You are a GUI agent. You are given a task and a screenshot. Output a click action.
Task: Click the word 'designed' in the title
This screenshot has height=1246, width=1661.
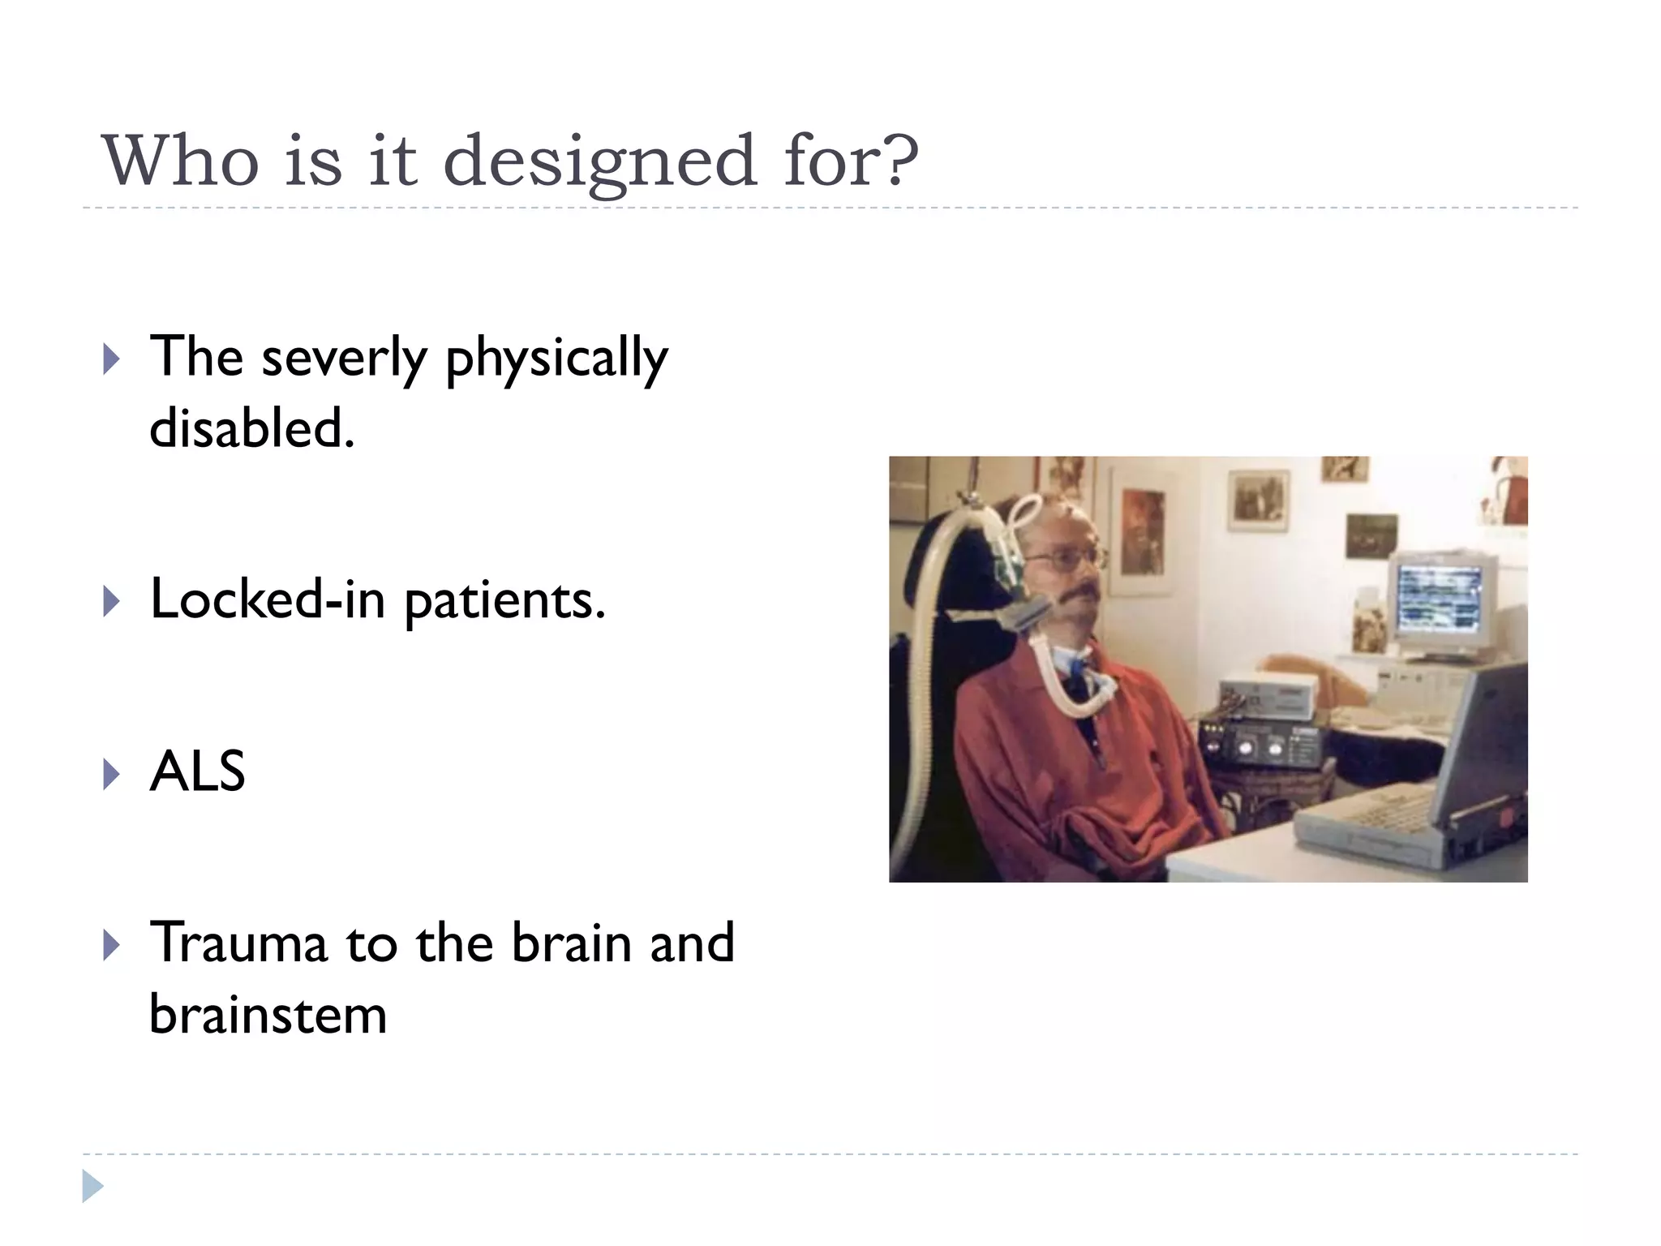click(x=600, y=161)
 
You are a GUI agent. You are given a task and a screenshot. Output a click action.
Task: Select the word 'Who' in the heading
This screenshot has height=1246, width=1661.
click(x=180, y=161)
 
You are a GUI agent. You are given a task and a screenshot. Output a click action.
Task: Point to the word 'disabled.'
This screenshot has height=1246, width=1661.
click(x=252, y=428)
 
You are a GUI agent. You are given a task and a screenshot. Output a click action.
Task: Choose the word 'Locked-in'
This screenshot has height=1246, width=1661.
click(x=268, y=599)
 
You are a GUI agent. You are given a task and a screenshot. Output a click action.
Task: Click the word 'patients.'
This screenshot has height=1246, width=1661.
click(x=504, y=601)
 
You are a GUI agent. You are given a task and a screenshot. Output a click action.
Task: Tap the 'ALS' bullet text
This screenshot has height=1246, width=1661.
click(x=197, y=771)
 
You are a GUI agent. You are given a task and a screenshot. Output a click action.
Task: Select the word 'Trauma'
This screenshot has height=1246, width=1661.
click(x=239, y=943)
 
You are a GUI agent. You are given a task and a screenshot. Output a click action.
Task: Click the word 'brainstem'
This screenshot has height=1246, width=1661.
click(x=268, y=1015)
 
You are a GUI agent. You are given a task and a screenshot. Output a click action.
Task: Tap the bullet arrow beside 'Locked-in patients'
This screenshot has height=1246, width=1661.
click(x=111, y=603)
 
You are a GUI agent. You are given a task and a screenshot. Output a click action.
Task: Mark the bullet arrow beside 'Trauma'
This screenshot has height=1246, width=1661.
click(x=111, y=946)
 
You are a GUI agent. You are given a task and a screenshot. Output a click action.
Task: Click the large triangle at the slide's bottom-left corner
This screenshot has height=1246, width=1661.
click(x=92, y=1186)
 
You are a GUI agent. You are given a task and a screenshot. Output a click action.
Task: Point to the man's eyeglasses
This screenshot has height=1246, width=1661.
click(x=1064, y=558)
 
